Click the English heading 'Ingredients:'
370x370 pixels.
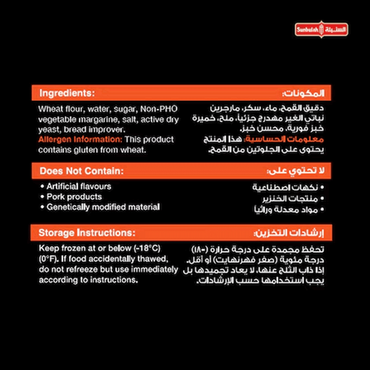click(67, 94)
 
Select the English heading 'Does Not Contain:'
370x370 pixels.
click(81, 171)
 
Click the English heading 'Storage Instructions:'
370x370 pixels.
click(87, 233)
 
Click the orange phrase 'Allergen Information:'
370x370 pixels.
click(75, 140)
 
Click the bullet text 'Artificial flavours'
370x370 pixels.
click(79, 186)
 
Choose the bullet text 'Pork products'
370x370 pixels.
click(73, 197)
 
